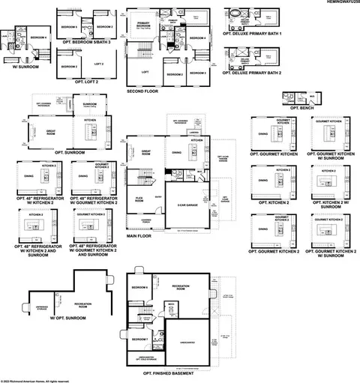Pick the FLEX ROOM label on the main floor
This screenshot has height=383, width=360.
tap(139, 199)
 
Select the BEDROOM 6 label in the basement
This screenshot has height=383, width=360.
tap(139, 288)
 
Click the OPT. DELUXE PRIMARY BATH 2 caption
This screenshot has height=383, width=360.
tap(251, 75)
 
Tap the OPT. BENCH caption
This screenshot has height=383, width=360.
tap(294, 109)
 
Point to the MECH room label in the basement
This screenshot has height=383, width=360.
tap(172, 304)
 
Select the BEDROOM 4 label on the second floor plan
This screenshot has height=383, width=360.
tap(198, 37)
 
